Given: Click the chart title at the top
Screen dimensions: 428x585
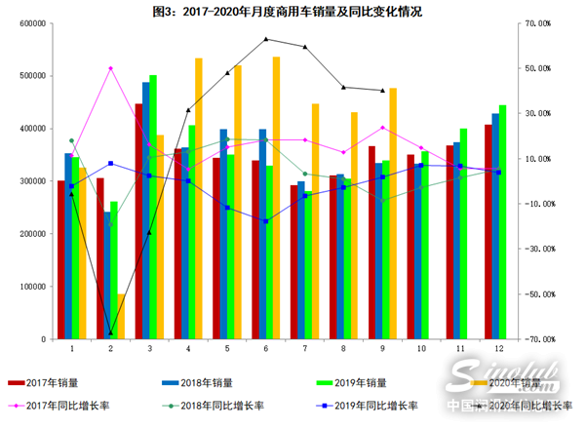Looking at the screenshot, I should pos(292,11).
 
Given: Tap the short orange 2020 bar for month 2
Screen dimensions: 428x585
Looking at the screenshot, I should pos(121,316).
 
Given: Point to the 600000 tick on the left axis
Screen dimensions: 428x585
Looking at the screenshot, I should pos(30,23).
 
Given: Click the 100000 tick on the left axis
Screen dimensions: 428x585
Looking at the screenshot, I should pos(30,287).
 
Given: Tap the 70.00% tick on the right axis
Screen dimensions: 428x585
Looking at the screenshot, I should pos(538,23).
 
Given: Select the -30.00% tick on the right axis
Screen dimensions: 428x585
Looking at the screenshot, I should pos(538,249).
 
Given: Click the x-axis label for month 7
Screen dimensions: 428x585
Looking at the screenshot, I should pos(304,348).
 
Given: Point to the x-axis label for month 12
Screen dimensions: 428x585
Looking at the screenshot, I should pos(498,348).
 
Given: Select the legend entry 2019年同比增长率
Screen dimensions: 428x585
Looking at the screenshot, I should pos(374,406).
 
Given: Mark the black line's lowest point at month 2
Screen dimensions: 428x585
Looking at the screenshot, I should pos(110,332).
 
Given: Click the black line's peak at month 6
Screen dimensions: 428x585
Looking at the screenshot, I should pos(266,39).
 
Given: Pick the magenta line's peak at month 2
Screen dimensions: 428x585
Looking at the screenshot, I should pos(110,68).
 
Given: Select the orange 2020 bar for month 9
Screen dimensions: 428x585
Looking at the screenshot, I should pos(393,214).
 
